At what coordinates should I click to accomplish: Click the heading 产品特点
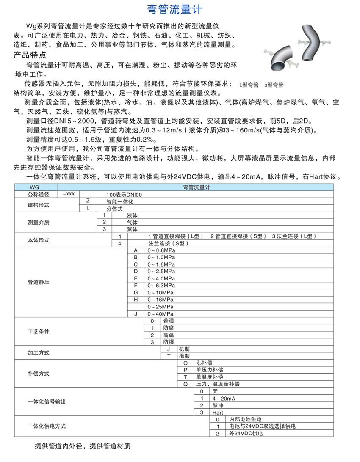tap(30, 55)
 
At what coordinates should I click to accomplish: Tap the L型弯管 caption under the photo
tap(249, 85)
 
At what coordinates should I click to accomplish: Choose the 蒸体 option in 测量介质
tap(132, 229)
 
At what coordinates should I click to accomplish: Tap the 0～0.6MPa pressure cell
tap(161, 250)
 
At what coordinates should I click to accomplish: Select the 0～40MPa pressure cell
tap(161, 314)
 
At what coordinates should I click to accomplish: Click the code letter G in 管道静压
tap(136, 292)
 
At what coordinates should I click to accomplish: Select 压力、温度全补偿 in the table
tap(217, 384)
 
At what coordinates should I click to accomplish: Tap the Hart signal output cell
tap(218, 412)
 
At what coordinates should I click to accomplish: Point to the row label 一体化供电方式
tap(47, 426)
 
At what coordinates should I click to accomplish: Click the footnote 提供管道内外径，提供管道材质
tap(82, 446)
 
